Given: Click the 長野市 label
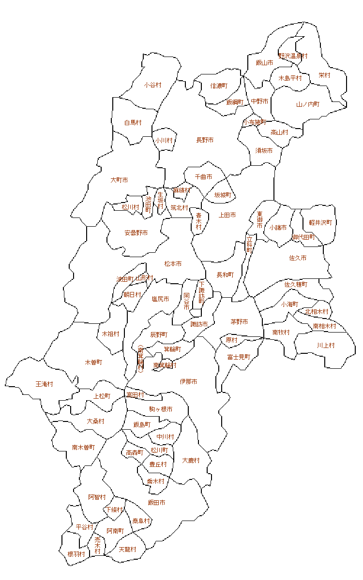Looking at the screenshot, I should [205, 140].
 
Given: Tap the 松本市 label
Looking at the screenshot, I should [173, 264].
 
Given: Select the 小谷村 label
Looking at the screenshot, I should [152, 85].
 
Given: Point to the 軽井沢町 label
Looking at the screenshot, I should [320, 223].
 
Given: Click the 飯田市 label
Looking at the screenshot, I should [156, 503].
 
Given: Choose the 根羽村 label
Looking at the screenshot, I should [76, 554].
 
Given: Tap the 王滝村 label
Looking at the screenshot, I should [44, 384].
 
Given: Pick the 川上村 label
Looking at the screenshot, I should [326, 346].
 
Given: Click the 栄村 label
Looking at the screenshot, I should [324, 75].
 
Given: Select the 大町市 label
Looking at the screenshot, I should [119, 180].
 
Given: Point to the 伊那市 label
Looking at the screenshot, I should [188, 382].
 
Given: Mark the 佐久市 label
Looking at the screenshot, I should [298, 258].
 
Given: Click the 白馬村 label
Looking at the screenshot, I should [133, 123].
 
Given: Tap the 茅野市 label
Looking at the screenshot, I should [239, 322].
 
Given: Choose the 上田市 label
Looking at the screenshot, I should [227, 215].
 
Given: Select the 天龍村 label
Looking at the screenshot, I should [127, 550].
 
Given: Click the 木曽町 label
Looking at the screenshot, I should [93, 362].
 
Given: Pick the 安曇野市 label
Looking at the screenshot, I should [136, 233].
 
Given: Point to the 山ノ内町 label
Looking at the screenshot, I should [308, 104].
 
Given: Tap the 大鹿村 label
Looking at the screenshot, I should [191, 461].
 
